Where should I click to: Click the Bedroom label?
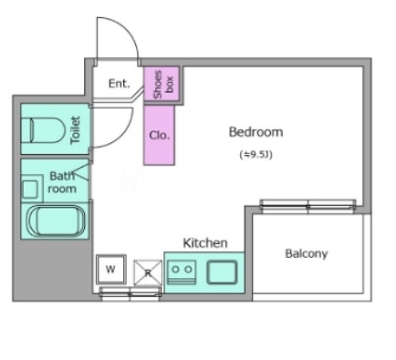255,132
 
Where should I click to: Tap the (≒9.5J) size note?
255,155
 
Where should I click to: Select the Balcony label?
307,253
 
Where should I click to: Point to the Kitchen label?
205,243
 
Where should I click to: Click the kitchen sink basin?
222,273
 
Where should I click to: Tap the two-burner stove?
182,272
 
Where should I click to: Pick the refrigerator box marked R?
148,273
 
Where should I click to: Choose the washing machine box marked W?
110,269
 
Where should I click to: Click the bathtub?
57,221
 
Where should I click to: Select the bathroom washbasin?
30,189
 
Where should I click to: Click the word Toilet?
75,130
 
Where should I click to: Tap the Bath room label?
62,182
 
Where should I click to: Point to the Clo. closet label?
160,135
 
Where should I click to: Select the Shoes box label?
163,84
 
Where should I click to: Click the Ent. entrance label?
120,83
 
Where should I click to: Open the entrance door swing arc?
128,29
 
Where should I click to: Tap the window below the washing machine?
130,293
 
